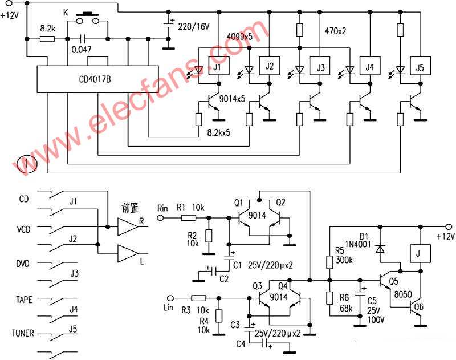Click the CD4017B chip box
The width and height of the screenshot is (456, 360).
tap(97, 79)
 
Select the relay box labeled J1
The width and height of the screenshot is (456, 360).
tap(219, 66)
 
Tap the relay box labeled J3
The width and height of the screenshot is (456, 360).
tap(320, 66)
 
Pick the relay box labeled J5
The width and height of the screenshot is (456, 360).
tap(420, 66)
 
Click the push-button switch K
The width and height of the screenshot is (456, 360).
tap(87, 18)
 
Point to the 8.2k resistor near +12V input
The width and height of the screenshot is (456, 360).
tap(47, 39)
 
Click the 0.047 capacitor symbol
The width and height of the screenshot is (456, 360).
tap(83, 39)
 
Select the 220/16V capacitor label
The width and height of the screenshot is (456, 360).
tap(194, 27)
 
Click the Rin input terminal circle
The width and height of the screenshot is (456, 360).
tap(160, 218)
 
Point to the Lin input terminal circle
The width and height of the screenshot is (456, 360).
tap(170, 298)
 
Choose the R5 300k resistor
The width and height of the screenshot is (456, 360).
tap(329, 262)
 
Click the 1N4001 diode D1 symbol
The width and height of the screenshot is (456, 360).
tap(380, 249)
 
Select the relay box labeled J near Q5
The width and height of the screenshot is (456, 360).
tap(420, 254)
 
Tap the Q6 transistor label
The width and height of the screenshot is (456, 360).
tap(419, 306)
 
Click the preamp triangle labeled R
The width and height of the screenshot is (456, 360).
tap(127, 226)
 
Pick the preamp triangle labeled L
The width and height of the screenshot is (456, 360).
tap(127, 253)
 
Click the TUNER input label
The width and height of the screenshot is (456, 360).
tap(23, 333)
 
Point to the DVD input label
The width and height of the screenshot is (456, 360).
tap(23, 264)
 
